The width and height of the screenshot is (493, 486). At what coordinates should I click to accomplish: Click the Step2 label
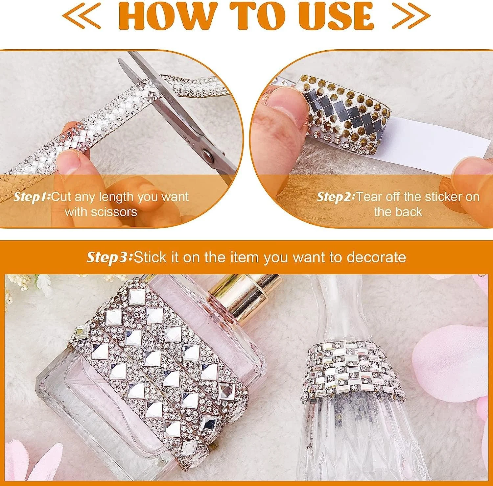pos(336,197)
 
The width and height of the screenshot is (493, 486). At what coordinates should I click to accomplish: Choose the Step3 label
pos(109,257)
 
